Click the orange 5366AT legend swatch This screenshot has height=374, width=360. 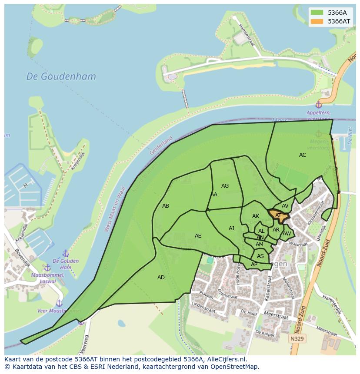pyautogui.click(x=317, y=21)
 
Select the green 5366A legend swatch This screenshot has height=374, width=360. pyautogui.click(x=317, y=13)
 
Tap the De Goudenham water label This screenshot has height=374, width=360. pyautogui.click(x=61, y=76)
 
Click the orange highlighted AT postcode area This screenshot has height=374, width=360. pyautogui.click(x=278, y=215)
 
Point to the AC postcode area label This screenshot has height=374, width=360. pyautogui.click(x=303, y=155)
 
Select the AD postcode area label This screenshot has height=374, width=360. pyautogui.click(x=161, y=278)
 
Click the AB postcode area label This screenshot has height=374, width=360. pyautogui.click(x=166, y=206)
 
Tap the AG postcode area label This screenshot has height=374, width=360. pyautogui.click(x=225, y=186)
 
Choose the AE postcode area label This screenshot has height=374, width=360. pyautogui.click(x=198, y=236)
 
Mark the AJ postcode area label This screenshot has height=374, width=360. pyautogui.click(x=231, y=228)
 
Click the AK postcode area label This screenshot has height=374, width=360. pyautogui.click(x=256, y=216)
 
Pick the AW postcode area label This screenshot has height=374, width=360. pyautogui.click(x=287, y=234)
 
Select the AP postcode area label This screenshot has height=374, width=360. pyautogui.click(x=254, y=265)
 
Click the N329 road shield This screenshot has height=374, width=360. pyautogui.click(x=297, y=338)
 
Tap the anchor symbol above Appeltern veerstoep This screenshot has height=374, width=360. pyautogui.click(x=318, y=105)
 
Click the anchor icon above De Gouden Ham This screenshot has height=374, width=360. pyautogui.click(x=66, y=253)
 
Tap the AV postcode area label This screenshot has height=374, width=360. pyautogui.click(x=285, y=206)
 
